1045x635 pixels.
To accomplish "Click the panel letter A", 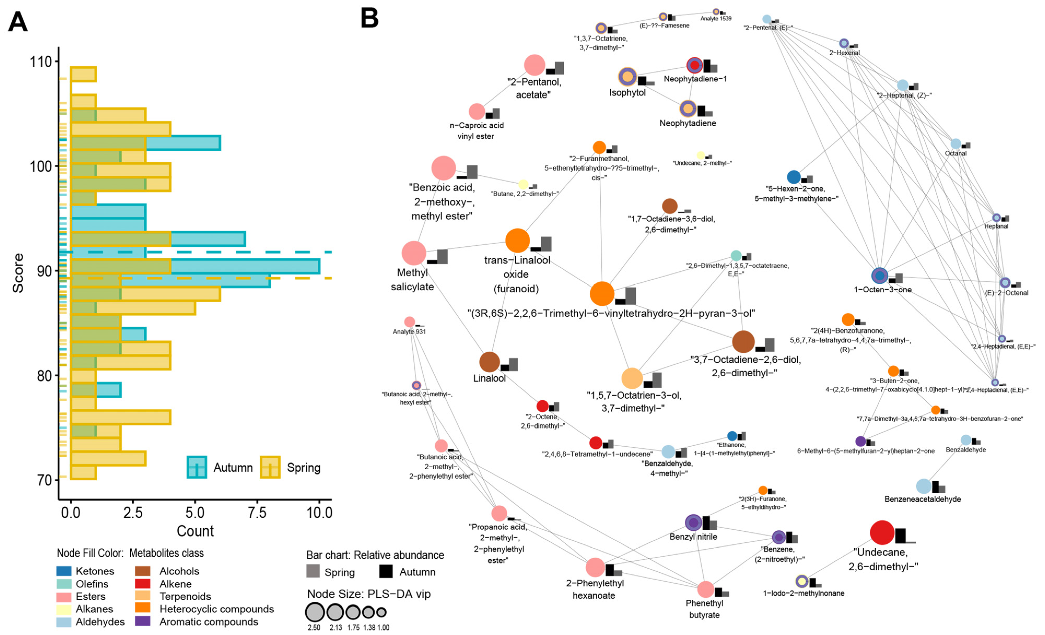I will click(18, 22).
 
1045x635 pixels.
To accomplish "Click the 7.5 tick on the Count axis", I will click(257, 512).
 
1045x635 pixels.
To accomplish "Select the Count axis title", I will click(195, 531).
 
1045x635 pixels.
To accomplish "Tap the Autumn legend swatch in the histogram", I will click(197, 467).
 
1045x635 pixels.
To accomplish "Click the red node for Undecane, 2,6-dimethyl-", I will click(882, 532).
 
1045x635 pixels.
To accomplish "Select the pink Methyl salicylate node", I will click(413, 253).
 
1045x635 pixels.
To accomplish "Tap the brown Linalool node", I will click(489, 362).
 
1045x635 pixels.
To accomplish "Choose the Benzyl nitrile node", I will click(693, 523).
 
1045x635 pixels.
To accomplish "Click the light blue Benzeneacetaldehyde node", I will click(924, 486).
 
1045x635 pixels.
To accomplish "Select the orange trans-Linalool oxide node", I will click(517, 241).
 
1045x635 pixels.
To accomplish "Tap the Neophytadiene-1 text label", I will click(695, 79).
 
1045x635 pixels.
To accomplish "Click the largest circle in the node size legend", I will click(315, 612).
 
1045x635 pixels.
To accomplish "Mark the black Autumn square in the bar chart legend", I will click(386, 571).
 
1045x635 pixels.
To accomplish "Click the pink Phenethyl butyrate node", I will click(705, 589).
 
